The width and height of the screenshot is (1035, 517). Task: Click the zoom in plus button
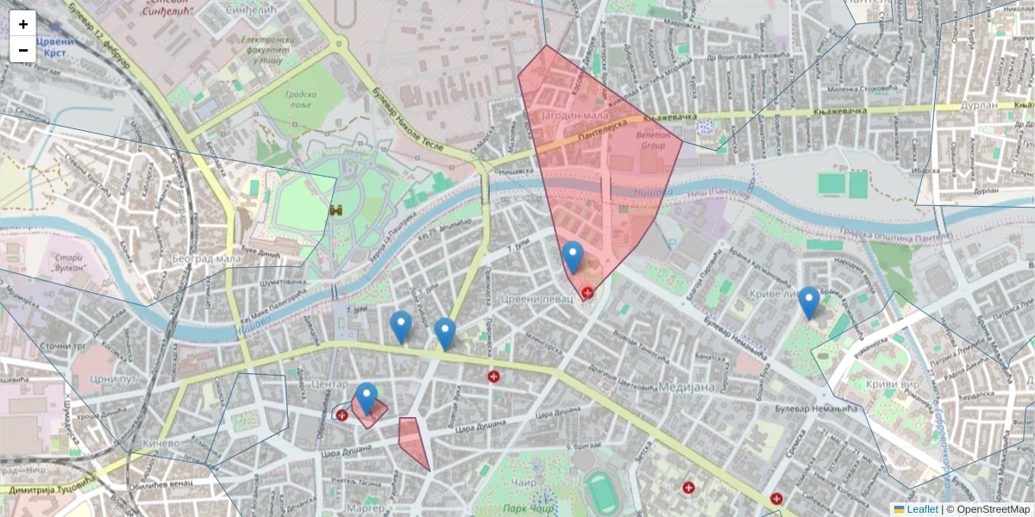point(23,24)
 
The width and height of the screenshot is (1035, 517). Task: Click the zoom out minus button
point(23,50)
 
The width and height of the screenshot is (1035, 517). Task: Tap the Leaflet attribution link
point(922,509)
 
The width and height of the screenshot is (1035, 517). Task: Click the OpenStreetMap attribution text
point(993,509)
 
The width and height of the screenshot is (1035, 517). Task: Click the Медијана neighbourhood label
point(687,387)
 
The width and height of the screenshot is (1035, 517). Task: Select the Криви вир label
point(898,383)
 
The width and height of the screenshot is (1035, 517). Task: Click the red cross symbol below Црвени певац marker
point(587,293)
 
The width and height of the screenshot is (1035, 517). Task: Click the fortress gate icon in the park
point(336,209)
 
